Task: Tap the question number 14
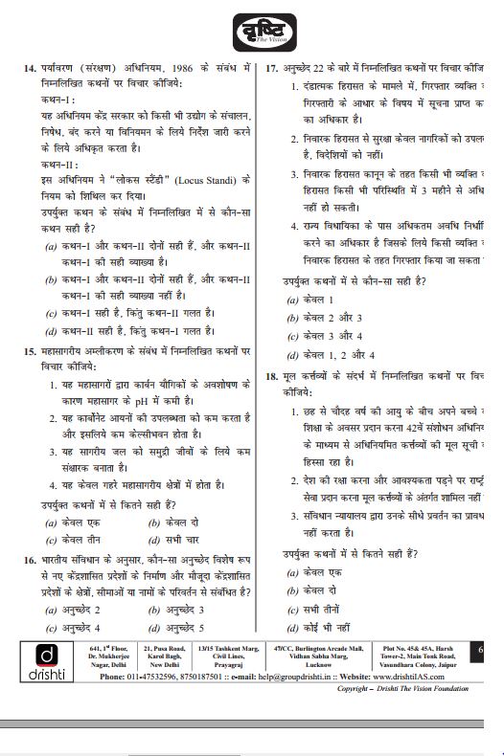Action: (29, 69)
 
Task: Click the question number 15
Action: (29, 351)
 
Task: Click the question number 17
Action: (272, 69)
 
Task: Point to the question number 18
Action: (272, 376)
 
